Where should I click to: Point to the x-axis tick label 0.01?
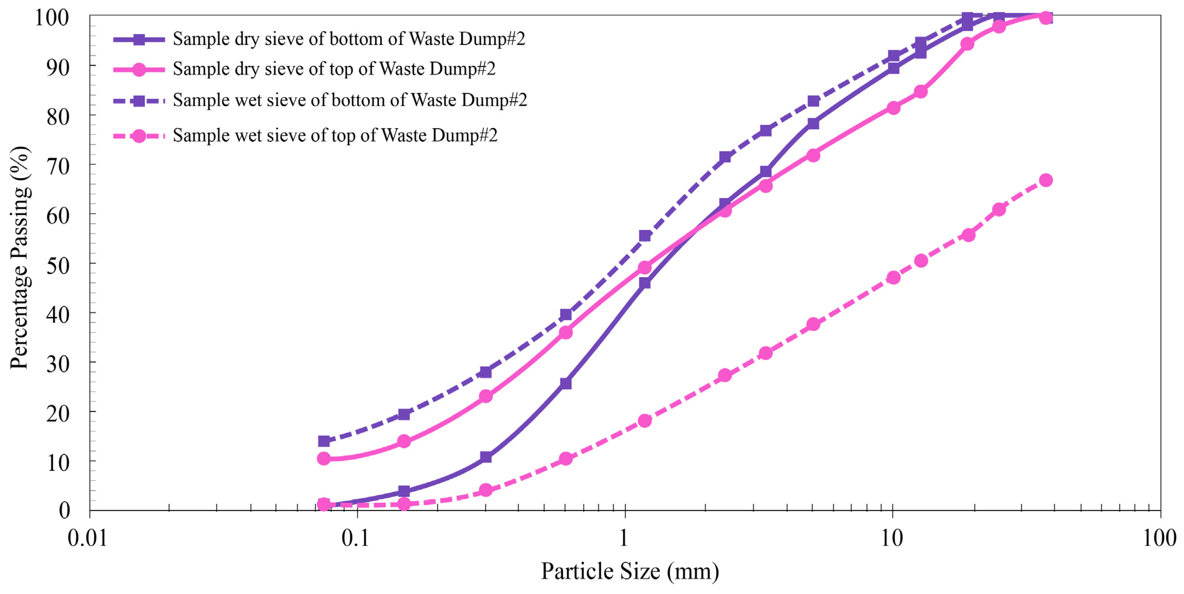[x=87, y=538]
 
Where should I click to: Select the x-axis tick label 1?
[x=624, y=538]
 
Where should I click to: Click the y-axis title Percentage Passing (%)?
[x=20, y=257]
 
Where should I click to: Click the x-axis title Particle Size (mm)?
[x=630, y=571]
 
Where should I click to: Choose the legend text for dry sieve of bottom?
[x=348, y=39]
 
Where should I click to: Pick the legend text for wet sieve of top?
[x=335, y=136]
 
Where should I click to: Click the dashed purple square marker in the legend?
[x=139, y=100]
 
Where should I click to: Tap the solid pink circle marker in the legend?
[x=139, y=69]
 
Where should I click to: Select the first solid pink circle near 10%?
[x=324, y=458]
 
